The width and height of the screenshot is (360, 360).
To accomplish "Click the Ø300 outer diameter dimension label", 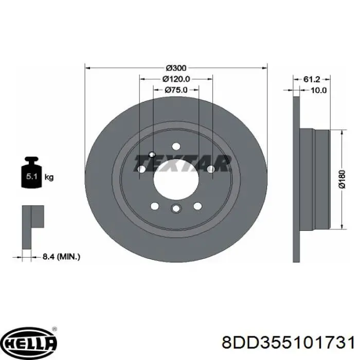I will pyautogui.click(x=176, y=67).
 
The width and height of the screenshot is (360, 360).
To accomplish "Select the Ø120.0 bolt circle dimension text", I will pyautogui.click(x=176, y=79).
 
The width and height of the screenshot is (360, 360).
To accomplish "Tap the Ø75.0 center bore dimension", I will pyautogui.click(x=176, y=89).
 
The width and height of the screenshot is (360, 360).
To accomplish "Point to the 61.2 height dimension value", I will pyautogui.click(x=312, y=79).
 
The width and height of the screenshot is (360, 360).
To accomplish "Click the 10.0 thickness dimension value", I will pyautogui.click(x=319, y=90).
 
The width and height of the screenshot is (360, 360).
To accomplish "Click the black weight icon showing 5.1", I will pyautogui.click(x=31, y=175).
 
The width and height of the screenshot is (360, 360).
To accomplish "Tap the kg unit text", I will pyautogui.click(x=49, y=177).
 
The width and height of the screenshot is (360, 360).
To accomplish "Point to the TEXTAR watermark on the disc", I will pyautogui.click(x=183, y=164).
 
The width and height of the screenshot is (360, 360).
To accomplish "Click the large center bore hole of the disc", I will pyautogui.click(x=175, y=177).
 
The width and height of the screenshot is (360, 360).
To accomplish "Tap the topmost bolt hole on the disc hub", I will pyautogui.click(x=175, y=146).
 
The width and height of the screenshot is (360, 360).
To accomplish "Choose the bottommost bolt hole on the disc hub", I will pyautogui.click(x=175, y=208).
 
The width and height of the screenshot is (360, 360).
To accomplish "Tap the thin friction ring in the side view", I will pyautogui.click(x=296, y=179).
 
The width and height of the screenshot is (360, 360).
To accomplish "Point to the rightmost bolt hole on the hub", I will pyautogui.click(x=210, y=169).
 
